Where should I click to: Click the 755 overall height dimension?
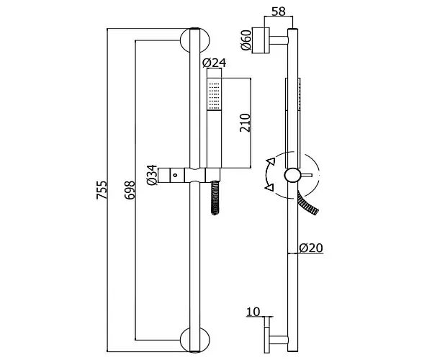click(x=101, y=190)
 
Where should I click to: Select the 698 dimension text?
click(x=130, y=190)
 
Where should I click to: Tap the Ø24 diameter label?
click(x=214, y=63)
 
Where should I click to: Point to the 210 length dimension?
click(x=245, y=122)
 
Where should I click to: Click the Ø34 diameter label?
click(x=152, y=175)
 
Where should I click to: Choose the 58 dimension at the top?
click(x=278, y=12)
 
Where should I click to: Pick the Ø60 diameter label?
click(x=246, y=40)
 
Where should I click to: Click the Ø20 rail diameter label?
click(x=311, y=248)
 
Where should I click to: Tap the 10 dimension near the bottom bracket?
click(x=253, y=312)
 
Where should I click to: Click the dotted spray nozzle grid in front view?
click(x=214, y=94)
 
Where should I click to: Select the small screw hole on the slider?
click(x=175, y=175)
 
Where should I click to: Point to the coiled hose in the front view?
click(x=215, y=197)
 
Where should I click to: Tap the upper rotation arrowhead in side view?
click(x=271, y=161)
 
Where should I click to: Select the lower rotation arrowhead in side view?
click(x=269, y=188)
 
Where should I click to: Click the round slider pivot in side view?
click(x=292, y=175)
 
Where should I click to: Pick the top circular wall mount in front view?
click(x=195, y=40)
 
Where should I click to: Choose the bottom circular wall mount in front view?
click(x=195, y=340)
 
